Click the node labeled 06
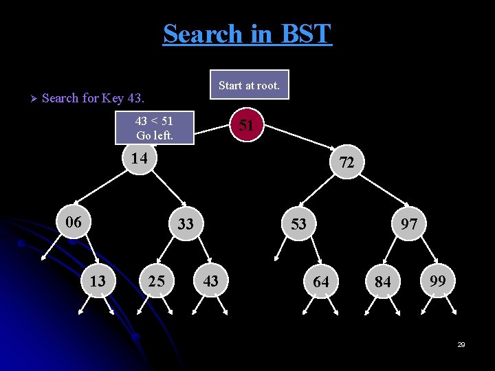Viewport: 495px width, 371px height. coord(74,223)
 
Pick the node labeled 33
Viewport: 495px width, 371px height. coord(185,224)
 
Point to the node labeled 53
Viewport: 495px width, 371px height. coord(298,224)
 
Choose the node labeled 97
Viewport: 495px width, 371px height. coord(410,225)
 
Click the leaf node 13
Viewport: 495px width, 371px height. coord(98,281)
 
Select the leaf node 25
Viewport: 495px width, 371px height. coord(157,281)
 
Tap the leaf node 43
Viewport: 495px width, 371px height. coord(211,281)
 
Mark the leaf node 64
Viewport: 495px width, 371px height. coord(321,282)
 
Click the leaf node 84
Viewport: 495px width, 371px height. coord(383,282)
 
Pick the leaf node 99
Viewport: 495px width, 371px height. coord(437,280)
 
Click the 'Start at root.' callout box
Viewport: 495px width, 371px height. coord(249,85)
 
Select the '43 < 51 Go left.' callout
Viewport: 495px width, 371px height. coord(155,128)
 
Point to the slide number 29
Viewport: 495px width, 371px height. coord(461,344)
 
